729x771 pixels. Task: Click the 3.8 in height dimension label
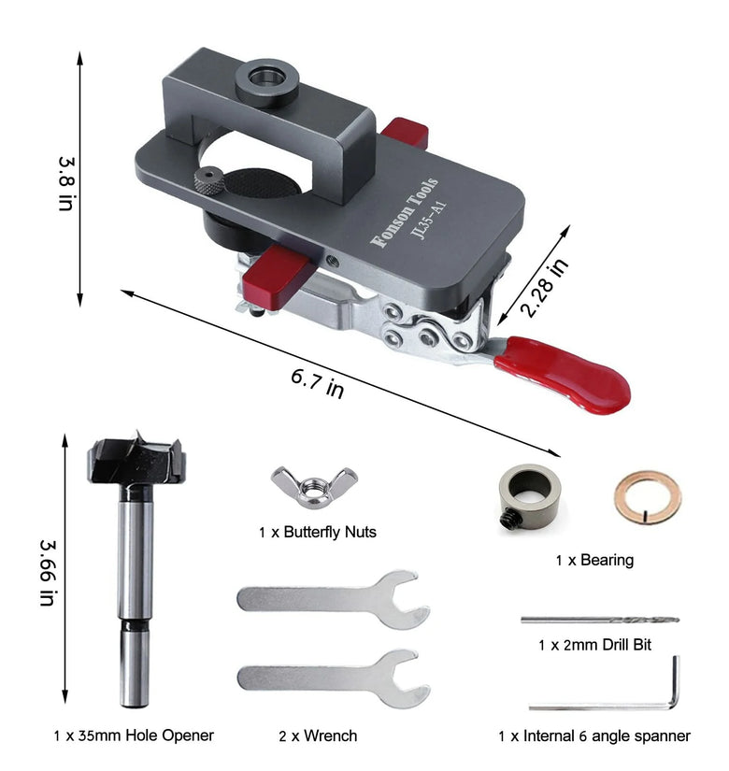[66, 184]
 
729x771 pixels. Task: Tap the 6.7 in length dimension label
[317, 383]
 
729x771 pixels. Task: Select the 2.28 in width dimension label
[544, 288]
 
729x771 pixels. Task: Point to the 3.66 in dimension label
[49, 572]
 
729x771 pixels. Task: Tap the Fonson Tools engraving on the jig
[404, 212]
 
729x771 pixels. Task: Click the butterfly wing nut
[314, 487]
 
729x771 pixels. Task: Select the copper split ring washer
[648, 498]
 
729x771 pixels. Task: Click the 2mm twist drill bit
[600, 620]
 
